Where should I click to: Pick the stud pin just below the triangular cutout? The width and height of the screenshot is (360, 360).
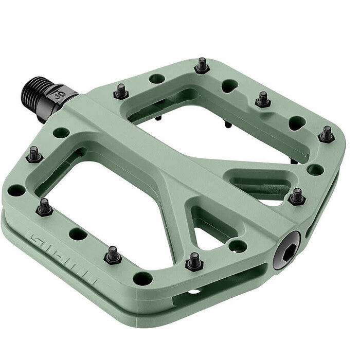[x=194, y=261]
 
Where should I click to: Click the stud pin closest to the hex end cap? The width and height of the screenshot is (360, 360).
[x=297, y=196]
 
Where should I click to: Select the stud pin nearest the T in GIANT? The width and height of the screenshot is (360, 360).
[x=113, y=254]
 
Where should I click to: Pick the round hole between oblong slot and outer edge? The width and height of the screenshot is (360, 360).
[x=315, y=169]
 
